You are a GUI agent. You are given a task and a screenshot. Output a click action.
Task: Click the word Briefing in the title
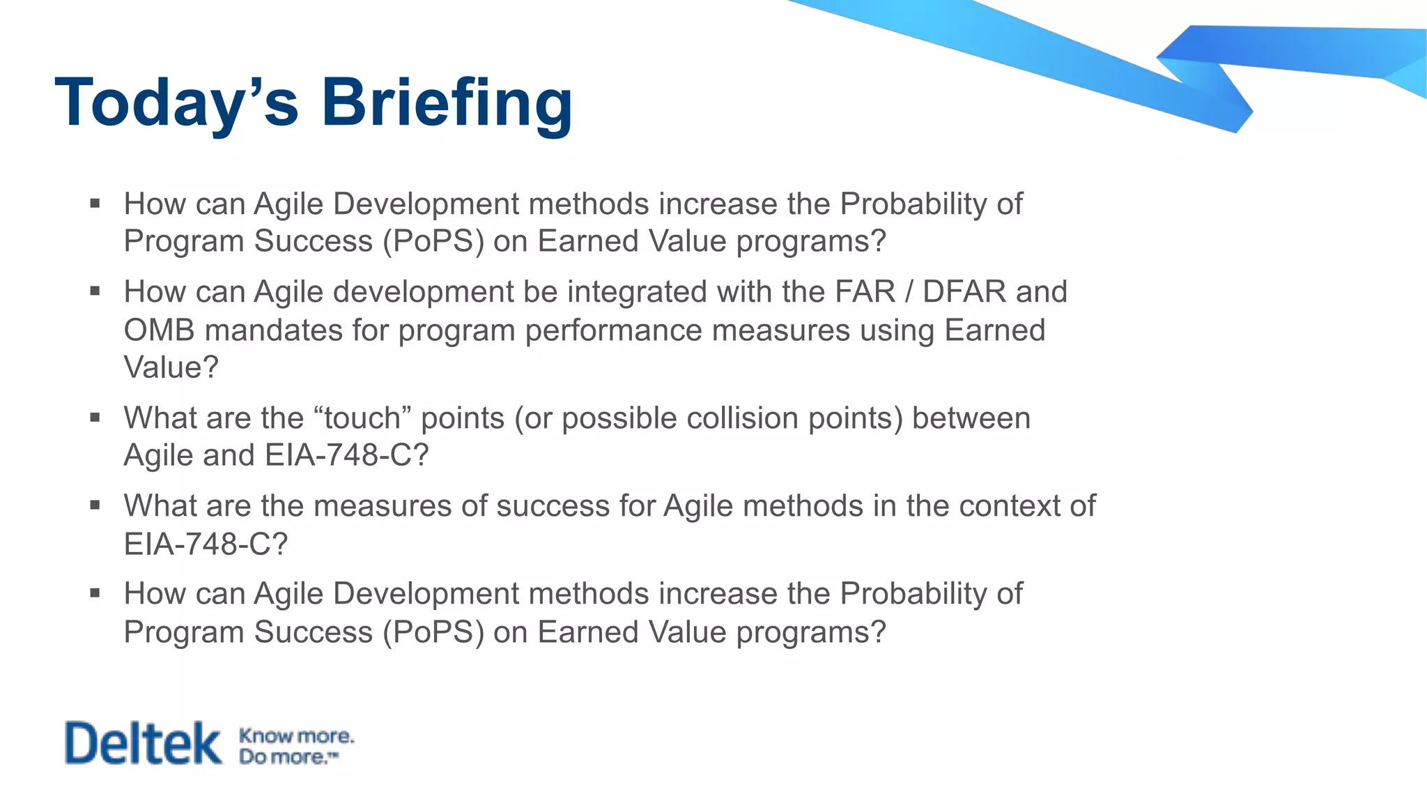pyautogui.click(x=446, y=103)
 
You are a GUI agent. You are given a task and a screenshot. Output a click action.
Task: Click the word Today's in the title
pyautogui.click(x=176, y=103)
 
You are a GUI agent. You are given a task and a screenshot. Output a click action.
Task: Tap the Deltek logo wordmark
pyautogui.click(x=143, y=743)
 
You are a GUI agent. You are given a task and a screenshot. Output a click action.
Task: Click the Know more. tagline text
pyautogui.click(x=296, y=735)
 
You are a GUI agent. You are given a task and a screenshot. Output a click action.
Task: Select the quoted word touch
pyautogui.click(x=362, y=418)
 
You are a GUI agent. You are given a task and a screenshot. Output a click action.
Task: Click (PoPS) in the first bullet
pyautogui.click(x=433, y=241)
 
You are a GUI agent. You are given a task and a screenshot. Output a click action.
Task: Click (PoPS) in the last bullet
pyautogui.click(x=433, y=632)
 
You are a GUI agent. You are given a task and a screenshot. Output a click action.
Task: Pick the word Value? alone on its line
pyautogui.click(x=171, y=367)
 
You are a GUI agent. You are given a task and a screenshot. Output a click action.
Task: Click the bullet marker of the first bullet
pyautogui.click(x=95, y=204)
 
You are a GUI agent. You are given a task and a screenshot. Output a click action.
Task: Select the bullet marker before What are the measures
pyautogui.click(x=95, y=505)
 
